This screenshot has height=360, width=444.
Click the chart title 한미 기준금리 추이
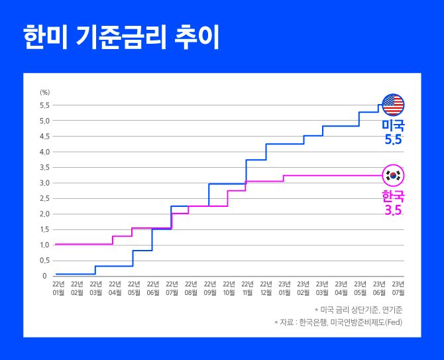[121, 38]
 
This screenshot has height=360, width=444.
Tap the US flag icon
[393, 105]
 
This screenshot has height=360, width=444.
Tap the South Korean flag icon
[394, 175]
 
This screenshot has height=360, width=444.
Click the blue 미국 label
[393, 125]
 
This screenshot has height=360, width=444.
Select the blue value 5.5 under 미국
[393, 139]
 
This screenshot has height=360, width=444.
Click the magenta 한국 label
[393, 196]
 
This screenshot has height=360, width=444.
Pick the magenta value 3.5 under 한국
[393, 210]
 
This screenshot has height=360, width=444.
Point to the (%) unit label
[44, 91]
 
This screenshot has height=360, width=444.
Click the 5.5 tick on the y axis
[44, 105]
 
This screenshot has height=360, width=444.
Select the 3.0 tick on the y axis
[44, 183]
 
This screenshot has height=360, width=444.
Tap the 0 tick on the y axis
[44, 276]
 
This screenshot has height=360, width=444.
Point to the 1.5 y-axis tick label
[44, 229]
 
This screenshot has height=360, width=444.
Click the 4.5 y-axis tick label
[44, 137]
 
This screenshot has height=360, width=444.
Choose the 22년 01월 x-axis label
[58, 287]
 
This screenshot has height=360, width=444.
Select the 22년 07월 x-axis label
[172, 287]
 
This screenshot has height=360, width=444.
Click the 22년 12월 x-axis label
[266, 287]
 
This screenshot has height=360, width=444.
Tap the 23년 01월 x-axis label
[285, 287]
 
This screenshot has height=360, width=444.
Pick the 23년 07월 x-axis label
[398, 287]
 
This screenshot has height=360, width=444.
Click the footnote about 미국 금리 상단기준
[359, 310]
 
